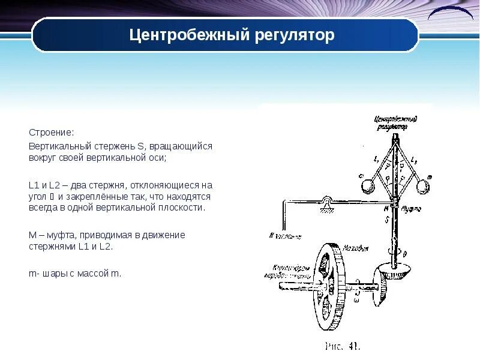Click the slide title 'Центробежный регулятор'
[x=232, y=35]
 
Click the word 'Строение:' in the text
[x=52, y=131]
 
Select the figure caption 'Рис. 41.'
[x=342, y=346]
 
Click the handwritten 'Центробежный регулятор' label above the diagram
[x=395, y=123]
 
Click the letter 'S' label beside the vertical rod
[x=386, y=220]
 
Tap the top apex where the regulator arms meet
[x=395, y=140]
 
